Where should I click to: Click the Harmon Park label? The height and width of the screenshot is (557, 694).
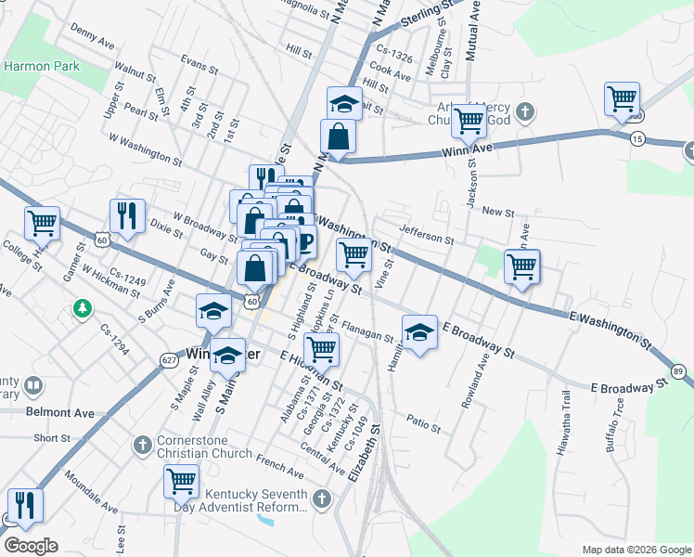tap(42, 66)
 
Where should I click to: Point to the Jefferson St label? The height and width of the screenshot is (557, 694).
tap(426, 232)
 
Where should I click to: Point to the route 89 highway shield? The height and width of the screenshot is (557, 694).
tap(678, 371)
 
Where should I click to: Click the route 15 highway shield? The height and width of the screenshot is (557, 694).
tap(636, 138)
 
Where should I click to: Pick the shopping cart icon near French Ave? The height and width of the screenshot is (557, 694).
tap(181, 481)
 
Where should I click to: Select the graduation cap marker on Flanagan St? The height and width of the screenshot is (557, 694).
tap(419, 332)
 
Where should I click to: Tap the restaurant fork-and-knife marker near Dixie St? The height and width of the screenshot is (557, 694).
tap(126, 215)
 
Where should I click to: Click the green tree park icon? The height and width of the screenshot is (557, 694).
tap(83, 307)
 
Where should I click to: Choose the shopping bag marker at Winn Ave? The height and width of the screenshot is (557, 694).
tap(340, 136)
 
